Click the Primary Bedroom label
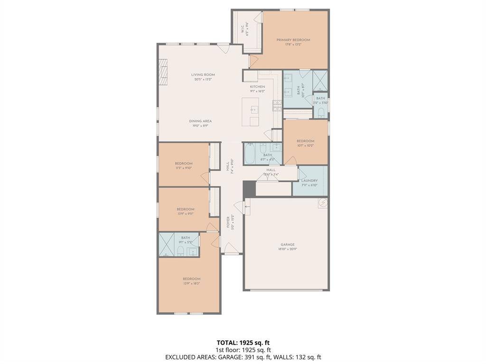pos(293,40)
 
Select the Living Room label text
pos(203,75)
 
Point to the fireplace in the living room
pos(163,71)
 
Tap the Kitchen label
pos(257,87)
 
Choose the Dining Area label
pos(200,121)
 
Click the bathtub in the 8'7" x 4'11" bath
pos(251,154)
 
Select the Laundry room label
pos(309,181)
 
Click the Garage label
pos(287,245)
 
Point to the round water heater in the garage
pos(323,203)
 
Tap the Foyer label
pos(228,222)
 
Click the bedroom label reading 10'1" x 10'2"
pos(305,141)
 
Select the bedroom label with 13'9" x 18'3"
pos(191,279)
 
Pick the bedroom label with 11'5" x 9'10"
pos(184,164)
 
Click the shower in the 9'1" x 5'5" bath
pos(167,244)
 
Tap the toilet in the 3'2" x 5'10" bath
pos(321,112)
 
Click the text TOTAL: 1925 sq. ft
pos(243,343)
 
